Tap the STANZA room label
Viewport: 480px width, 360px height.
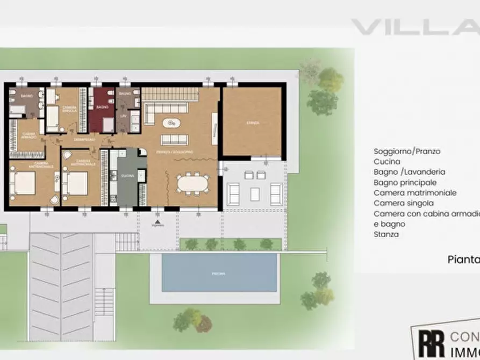pyautogui.click(x=253, y=123)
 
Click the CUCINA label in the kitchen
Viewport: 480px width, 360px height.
pyautogui.click(x=127, y=176)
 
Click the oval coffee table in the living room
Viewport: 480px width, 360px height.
pyautogui.click(x=173, y=123)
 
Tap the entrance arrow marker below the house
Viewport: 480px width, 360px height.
pyautogui.click(x=157, y=221)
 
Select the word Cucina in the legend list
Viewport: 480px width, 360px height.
pyautogui.click(x=386, y=162)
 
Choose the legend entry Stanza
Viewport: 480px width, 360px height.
pyautogui.click(x=386, y=234)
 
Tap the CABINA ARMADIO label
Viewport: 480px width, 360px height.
pyautogui.click(x=29, y=135)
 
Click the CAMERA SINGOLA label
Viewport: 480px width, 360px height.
pyautogui.click(x=69, y=109)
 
